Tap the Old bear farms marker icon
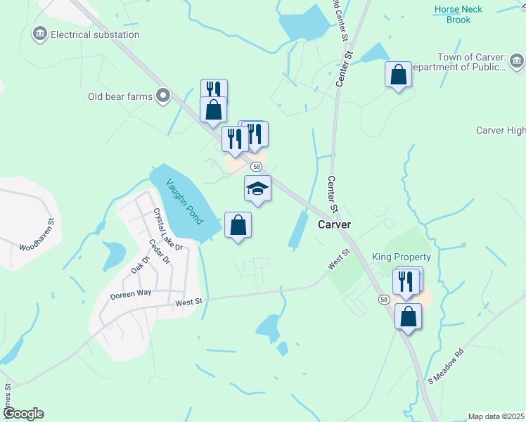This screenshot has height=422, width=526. point(164,95)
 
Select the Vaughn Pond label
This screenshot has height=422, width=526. point(185,202)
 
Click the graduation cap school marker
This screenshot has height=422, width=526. point(257,188)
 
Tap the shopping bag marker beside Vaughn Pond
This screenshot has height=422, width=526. point(238,226)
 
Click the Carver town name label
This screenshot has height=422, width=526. point(334,225)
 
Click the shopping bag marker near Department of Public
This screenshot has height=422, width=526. point(398,75)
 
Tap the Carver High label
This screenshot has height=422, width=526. point(501,130)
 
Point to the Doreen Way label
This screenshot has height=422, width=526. point(130,294)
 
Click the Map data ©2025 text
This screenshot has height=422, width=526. point(496,416)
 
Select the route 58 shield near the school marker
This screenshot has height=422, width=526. point(257,167)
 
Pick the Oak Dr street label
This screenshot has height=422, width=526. point(141,263)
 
